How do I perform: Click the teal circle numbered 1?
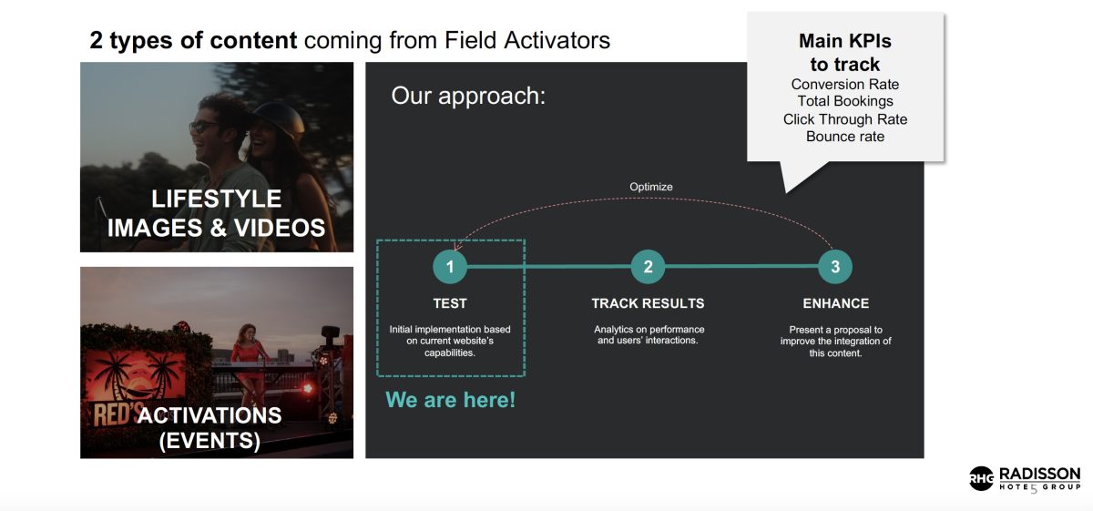pyautogui.click(x=450, y=267)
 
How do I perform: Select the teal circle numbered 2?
pyautogui.click(x=648, y=267)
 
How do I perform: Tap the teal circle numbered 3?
pyautogui.click(x=835, y=267)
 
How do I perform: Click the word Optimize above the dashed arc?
pyautogui.click(x=651, y=187)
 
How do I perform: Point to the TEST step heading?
pyautogui.click(x=450, y=303)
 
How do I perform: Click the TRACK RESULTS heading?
pyautogui.click(x=648, y=303)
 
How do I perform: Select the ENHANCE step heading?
pyautogui.click(x=836, y=303)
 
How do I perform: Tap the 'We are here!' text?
pyautogui.click(x=450, y=400)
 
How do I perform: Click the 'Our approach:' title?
pyautogui.click(x=468, y=96)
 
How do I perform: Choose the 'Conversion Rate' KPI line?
pyautogui.click(x=844, y=84)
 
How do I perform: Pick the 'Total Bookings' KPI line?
pyautogui.click(x=845, y=101)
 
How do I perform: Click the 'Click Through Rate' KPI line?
pyautogui.click(x=845, y=119)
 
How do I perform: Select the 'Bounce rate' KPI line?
pyautogui.click(x=845, y=136)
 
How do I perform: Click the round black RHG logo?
pyautogui.click(x=981, y=478)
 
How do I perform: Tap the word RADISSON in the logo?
pyautogui.click(x=1039, y=474)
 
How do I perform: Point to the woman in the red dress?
pyautogui.click(x=250, y=359)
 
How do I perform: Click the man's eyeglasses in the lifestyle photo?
pyautogui.click(x=203, y=127)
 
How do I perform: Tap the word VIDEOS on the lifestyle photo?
pyautogui.click(x=280, y=228)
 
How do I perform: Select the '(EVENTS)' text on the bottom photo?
pyautogui.click(x=209, y=440)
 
